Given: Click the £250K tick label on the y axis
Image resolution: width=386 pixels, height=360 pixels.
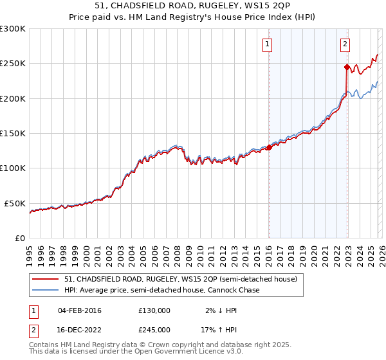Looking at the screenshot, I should click(x=12, y=64).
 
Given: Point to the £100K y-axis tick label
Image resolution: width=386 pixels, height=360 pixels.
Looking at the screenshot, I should click(x=12, y=168).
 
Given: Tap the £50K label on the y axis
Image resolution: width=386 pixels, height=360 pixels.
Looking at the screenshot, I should click(x=15, y=203).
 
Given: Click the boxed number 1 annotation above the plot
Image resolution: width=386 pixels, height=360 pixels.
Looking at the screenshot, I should click(x=267, y=44).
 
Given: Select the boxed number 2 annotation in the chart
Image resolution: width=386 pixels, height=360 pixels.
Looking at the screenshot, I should click(x=345, y=44).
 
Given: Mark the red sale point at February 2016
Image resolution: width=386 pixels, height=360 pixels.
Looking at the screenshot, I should click(x=269, y=147).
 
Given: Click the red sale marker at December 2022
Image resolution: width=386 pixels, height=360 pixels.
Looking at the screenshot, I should click(x=347, y=67).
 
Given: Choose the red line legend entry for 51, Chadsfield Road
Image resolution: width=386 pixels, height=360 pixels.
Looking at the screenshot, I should click(x=180, y=280).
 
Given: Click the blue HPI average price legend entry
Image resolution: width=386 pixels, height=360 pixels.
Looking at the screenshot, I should click(x=161, y=291).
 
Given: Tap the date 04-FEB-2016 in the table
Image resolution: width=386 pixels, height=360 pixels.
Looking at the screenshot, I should click(x=79, y=310).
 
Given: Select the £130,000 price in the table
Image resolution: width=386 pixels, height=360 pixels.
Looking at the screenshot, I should click(x=154, y=310).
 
